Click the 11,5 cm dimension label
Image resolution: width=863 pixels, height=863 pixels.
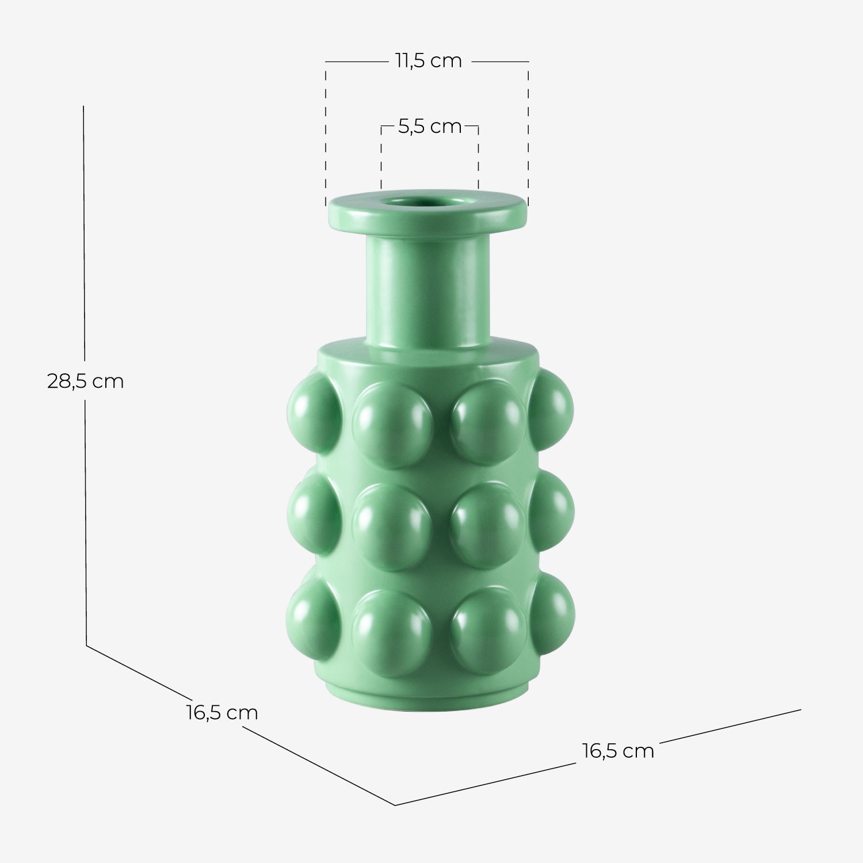click(x=428, y=61)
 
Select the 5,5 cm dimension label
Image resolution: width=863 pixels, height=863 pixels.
click(x=430, y=127)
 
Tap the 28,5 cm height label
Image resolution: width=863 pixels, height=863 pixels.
click(x=85, y=381)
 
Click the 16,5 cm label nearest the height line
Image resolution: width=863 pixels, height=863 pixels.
click(x=222, y=712)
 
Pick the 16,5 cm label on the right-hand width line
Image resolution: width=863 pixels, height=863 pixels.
click(x=618, y=751)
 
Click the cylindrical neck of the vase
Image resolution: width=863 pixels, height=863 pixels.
click(x=426, y=288)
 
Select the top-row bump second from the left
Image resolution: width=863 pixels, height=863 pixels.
click(x=392, y=423)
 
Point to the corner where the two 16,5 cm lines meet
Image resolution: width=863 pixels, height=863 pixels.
click(x=395, y=804)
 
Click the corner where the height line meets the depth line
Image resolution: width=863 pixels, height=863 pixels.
click(x=87, y=646)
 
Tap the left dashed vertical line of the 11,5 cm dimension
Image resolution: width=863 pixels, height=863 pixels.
click(x=326, y=132)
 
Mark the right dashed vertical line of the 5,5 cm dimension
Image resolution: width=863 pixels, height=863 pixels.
click(x=478, y=158)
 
